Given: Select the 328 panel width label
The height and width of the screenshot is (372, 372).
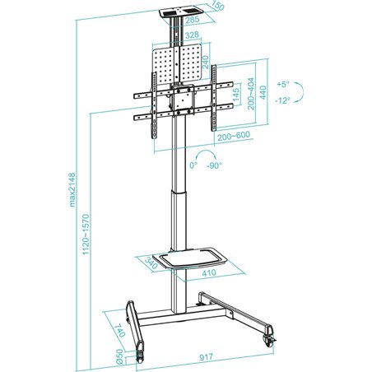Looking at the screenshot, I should click(x=191, y=36).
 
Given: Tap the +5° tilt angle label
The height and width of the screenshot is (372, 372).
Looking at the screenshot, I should click(x=283, y=84).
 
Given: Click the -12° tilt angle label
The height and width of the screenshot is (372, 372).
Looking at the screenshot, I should click(x=284, y=101).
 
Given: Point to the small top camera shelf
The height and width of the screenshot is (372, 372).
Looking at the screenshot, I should click(x=176, y=14).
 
